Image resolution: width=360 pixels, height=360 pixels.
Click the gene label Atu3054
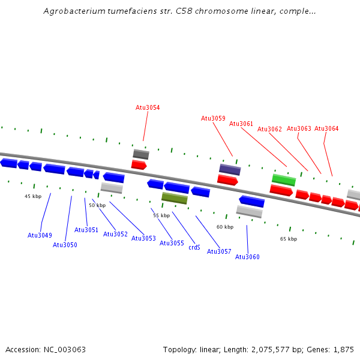coord(148,107)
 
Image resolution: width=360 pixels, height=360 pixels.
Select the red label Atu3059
coord(213,118)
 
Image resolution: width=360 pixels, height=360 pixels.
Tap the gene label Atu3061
coord(241,124)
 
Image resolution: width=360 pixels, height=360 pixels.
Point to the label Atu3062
coord(269,129)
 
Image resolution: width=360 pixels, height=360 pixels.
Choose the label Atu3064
coord(326,128)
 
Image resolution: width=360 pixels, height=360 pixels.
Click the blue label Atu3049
coord(40,235)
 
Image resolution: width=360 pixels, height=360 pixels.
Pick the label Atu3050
coord(65,245)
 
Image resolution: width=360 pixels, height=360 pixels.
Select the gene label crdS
coord(194,247)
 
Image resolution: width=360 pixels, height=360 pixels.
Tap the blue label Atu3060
coord(247,257)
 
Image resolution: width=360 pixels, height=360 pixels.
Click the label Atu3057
coord(219,251)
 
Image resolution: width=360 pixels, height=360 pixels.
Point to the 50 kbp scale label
coord(97,205)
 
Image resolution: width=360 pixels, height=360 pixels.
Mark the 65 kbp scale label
coord(289,239)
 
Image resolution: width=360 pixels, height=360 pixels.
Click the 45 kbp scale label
coord(33,196)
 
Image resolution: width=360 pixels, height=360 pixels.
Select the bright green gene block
coord(283,179)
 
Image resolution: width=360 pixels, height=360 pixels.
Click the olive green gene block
coord(175,198)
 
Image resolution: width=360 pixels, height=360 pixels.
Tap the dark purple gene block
coord(230,169)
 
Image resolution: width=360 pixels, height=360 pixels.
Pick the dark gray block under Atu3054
coord(141,154)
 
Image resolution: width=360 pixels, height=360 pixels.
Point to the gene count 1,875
coord(344,349)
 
